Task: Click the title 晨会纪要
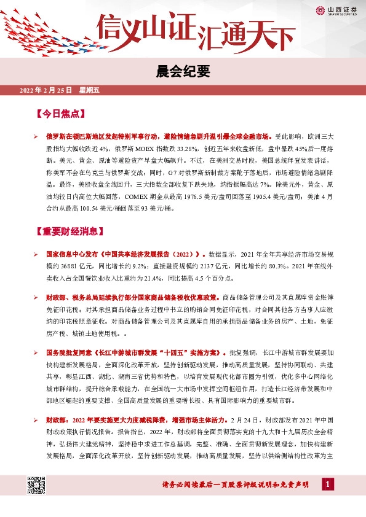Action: [183, 72]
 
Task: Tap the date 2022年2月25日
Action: [46, 90]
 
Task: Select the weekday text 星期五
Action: [89, 90]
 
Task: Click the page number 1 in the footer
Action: [328, 485]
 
